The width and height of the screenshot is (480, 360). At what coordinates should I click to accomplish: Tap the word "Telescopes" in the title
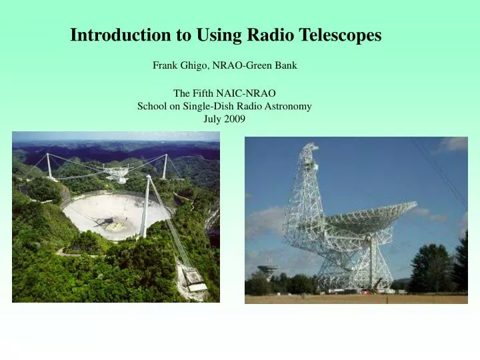341,35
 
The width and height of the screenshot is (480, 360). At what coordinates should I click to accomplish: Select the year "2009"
235,119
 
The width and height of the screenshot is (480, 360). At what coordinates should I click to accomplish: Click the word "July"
213,119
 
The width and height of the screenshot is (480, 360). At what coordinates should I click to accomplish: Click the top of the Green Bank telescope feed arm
307,148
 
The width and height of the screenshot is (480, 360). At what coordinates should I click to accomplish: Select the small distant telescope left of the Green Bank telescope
267,270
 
